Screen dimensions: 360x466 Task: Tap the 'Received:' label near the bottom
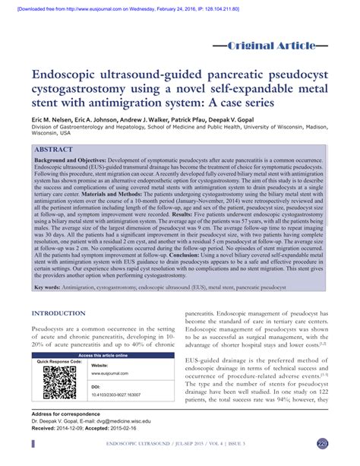(x=45, y=428)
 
